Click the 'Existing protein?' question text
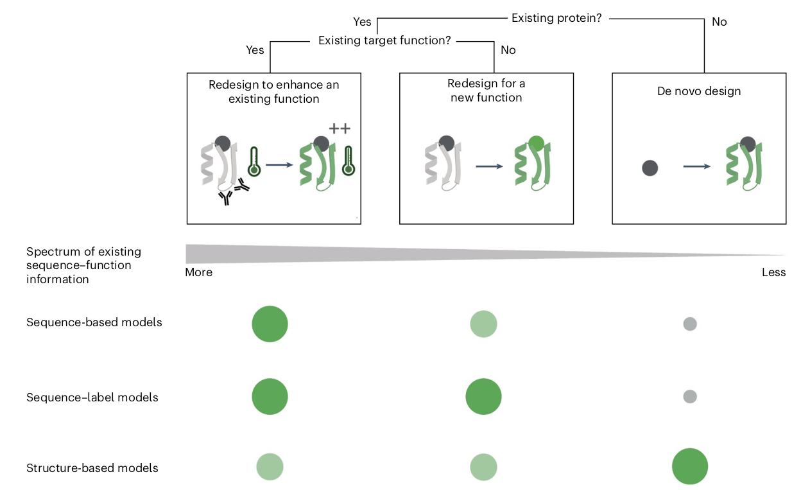pyautogui.click(x=556, y=18)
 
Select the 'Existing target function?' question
pyautogui.click(x=384, y=40)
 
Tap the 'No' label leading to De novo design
pyautogui.click(x=719, y=22)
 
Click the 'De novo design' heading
pyautogui.click(x=699, y=91)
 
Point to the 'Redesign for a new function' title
pyautogui.click(x=486, y=91)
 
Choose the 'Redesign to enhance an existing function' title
pyautogui.click(x=273, y=92)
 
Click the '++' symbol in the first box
pyautogui.click(x=340, y=128)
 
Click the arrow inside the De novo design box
pyautogui.click(x=696, y=166)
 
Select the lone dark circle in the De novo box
pyautogui.click(x=650, y=168)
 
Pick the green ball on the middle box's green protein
pyautogui.click(x=536, y=143)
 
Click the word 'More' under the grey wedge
pyautogui.click(x=198, y=272)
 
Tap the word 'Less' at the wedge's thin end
pyautogui.click(x=773, y=272)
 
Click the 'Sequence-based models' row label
pyautogui.click(x=94, y=322)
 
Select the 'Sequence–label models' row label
pyautogui.click(x=92, y=398)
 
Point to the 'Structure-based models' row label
pyautogui.click(x=92, y=468)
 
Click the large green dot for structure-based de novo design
pyautogui.click(x=690, y=466)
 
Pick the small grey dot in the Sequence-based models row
pyautogui.click(x=690, y=324)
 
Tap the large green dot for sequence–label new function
pyautogui.click(x=483, y=397)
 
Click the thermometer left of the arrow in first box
pyautogui.click(x=254, y=161)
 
